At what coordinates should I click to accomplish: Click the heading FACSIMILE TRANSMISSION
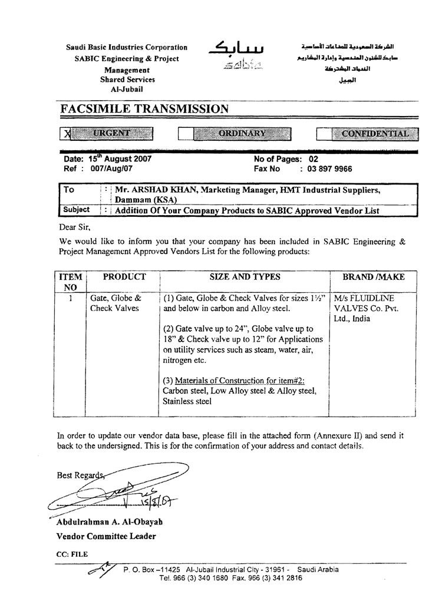point(144,109)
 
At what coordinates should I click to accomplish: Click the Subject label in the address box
point(77,210)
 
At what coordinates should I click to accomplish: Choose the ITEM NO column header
point(71,282)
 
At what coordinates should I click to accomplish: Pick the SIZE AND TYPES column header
point(245,277)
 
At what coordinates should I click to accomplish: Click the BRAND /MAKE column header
point(374,277)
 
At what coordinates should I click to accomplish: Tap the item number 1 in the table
point(71,298)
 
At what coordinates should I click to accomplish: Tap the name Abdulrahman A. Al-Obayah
point(110,522)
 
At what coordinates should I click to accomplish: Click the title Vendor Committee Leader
point(106,536)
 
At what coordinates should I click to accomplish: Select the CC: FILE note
point(72,554)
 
